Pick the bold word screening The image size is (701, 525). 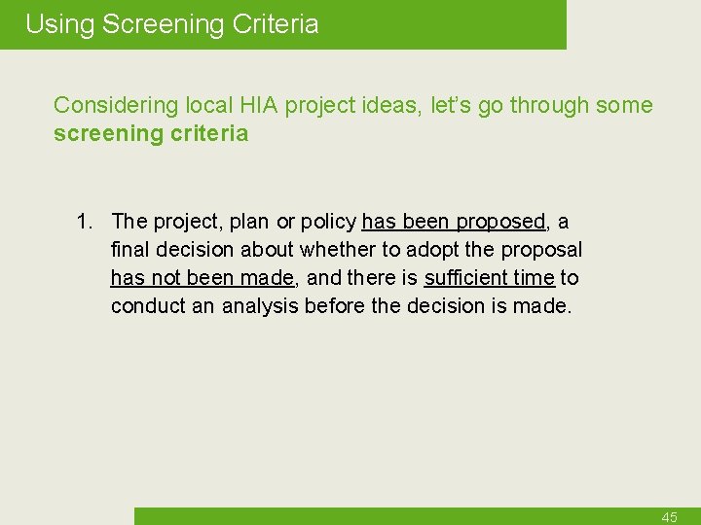coord(102,134)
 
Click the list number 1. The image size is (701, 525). coord(87,222)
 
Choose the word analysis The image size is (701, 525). coord(260,306)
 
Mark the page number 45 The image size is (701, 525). coord(669,517)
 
